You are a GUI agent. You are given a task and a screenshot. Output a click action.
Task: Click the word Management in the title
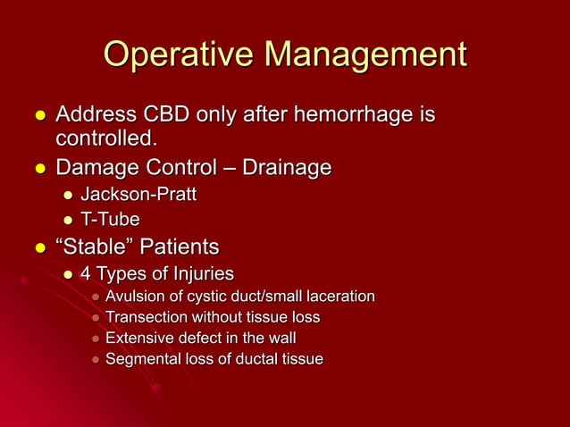pos(366,55)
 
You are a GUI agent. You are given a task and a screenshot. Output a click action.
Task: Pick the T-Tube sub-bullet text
pos(110,219)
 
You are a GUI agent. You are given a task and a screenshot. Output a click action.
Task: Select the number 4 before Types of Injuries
pos(87,272)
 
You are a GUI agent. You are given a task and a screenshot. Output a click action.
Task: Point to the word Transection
pos(144,317)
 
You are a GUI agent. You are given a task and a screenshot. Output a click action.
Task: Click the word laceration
pos(341,296)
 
